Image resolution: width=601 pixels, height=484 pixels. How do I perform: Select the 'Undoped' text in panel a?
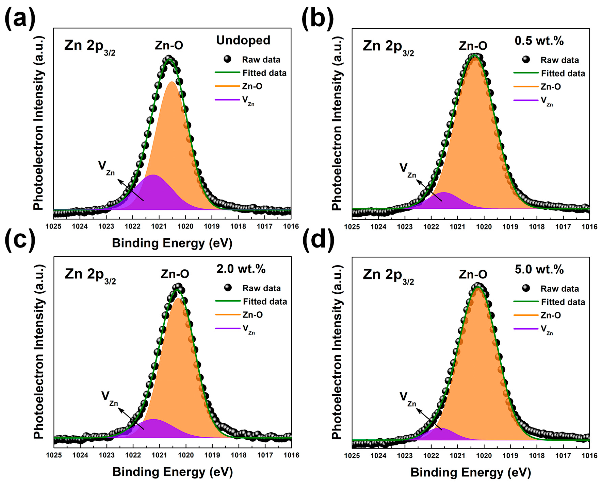click(x=243, y=40)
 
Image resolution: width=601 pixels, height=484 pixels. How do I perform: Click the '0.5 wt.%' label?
click(x=539, y=41)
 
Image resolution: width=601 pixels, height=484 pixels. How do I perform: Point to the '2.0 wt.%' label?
click(x=241, y=269)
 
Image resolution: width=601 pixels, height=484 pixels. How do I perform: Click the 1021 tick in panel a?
click(x=159, y=226)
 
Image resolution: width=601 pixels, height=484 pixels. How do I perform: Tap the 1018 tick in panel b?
click(x=537, y=227)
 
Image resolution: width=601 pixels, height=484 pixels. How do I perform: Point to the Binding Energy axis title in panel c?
click(x=172, y=472)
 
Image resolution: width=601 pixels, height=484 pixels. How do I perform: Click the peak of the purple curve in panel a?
click(x=153, y=175)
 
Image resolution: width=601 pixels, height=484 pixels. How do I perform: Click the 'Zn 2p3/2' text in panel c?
click(x=90, y=275)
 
